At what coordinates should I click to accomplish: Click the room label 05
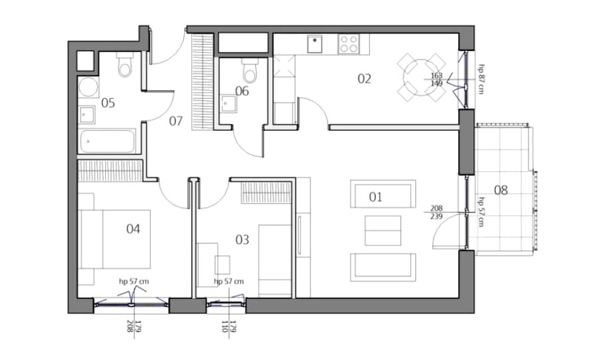108,103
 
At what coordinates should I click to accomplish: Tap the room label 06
242,91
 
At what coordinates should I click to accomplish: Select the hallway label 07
176,121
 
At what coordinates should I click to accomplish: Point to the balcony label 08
501,190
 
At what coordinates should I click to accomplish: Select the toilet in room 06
249,70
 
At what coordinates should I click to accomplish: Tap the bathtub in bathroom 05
107,141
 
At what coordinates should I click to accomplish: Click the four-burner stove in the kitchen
349,45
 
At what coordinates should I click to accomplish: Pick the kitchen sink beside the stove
314,44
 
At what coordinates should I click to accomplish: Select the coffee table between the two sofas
383,230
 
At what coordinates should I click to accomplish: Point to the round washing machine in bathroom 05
88,87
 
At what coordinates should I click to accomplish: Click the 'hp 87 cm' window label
481,79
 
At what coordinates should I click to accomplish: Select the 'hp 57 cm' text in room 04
134,281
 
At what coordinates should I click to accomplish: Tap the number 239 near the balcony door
436,217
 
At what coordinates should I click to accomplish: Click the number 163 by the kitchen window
436,76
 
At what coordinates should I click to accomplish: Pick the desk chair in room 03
222,265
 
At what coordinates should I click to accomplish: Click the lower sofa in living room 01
383,267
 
